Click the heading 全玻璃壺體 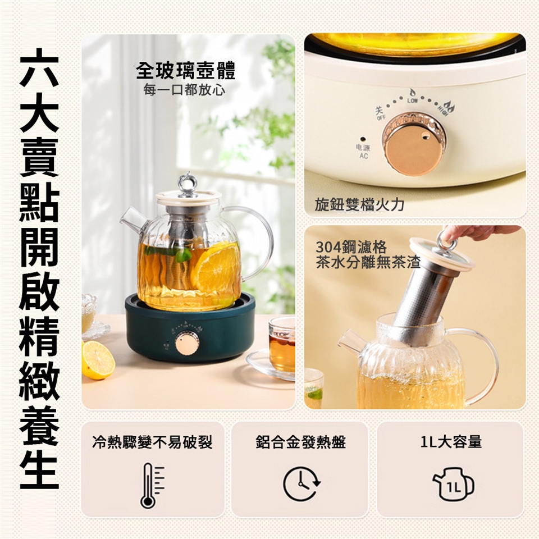click(186, 71)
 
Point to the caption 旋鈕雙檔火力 click(359, 204)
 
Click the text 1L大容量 click(451, 442)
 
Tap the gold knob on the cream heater click(414, 144)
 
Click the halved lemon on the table click(98, 359)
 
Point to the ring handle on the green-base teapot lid click(186, 182)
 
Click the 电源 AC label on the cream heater click(363, 152)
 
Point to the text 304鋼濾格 click(351, 247)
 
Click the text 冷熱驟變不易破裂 click(153, 442)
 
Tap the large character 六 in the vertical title click(39, 68)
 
